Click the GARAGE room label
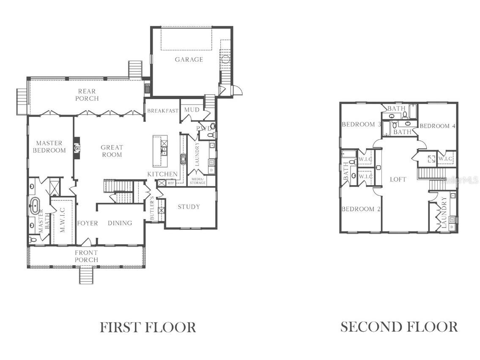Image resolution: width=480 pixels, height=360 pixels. tap(189, 60)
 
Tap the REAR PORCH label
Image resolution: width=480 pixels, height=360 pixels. tap(87, 95)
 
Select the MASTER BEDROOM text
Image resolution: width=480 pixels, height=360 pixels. tap(51, 147)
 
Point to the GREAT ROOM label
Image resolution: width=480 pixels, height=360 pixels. tap(112, 151)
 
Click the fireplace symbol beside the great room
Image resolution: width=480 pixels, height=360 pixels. tap(77, 148)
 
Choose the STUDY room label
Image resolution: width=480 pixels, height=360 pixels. tap(189, 207)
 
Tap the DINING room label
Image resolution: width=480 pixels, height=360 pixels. tap(120, 223)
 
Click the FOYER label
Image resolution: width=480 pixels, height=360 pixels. tap(88, 223)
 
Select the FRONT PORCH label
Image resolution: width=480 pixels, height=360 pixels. tap(86, 256)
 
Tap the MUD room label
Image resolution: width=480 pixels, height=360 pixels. tap(192, 110)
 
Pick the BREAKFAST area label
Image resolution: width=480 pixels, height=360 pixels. tap(162, 111)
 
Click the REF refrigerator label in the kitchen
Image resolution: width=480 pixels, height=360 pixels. tap(171, 183)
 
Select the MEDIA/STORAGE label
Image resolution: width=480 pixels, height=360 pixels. tap(197, 181)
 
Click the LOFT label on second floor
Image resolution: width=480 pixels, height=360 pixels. tap(398, 179)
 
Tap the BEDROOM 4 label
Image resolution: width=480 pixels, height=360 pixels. tap(438, 126)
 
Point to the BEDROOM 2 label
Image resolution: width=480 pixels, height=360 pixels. tap(358, 209)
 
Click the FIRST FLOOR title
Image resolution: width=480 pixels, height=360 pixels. tap(148, 327)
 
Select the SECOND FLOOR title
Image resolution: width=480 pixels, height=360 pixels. tap(399, 327)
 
